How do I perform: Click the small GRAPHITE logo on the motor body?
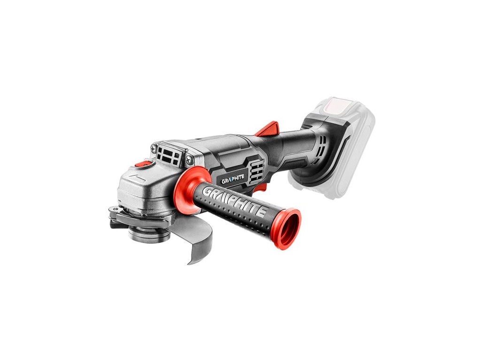pos(233,181)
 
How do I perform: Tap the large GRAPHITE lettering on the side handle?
pos(235,202)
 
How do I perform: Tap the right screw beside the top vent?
pos(190,159)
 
